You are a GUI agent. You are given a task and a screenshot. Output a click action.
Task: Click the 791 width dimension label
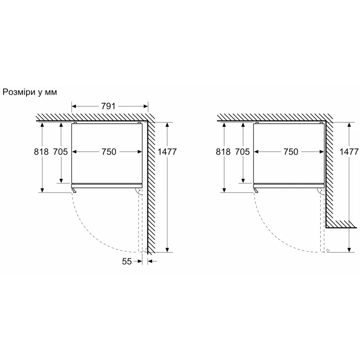click(108, 106)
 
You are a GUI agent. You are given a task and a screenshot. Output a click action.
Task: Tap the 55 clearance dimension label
click(127, 261)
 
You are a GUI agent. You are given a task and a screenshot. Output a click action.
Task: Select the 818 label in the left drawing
click(41, 152)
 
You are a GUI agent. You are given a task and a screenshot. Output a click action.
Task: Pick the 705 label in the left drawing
click(61, 152)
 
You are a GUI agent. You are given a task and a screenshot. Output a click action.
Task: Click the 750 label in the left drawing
click(109, 152)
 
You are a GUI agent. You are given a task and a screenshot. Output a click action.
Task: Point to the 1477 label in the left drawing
click(167, 152)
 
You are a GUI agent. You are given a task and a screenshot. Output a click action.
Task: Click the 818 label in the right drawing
click(223, 152)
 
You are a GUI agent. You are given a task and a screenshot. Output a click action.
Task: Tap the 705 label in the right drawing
click(242, 152)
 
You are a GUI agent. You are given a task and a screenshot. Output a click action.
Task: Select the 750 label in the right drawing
click(291, 152)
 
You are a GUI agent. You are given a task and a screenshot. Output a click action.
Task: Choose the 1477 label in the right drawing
click(349, 152)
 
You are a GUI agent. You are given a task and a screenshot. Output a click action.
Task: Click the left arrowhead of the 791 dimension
click(74, 106)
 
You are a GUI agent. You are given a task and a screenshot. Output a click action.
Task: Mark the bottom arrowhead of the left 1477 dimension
click(167, 250)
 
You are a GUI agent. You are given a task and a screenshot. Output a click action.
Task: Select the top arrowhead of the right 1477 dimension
click(349, 124)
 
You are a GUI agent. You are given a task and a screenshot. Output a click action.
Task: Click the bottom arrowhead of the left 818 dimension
click(42, 190)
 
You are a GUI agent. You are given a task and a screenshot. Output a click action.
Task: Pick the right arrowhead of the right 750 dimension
click(322, 152)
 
